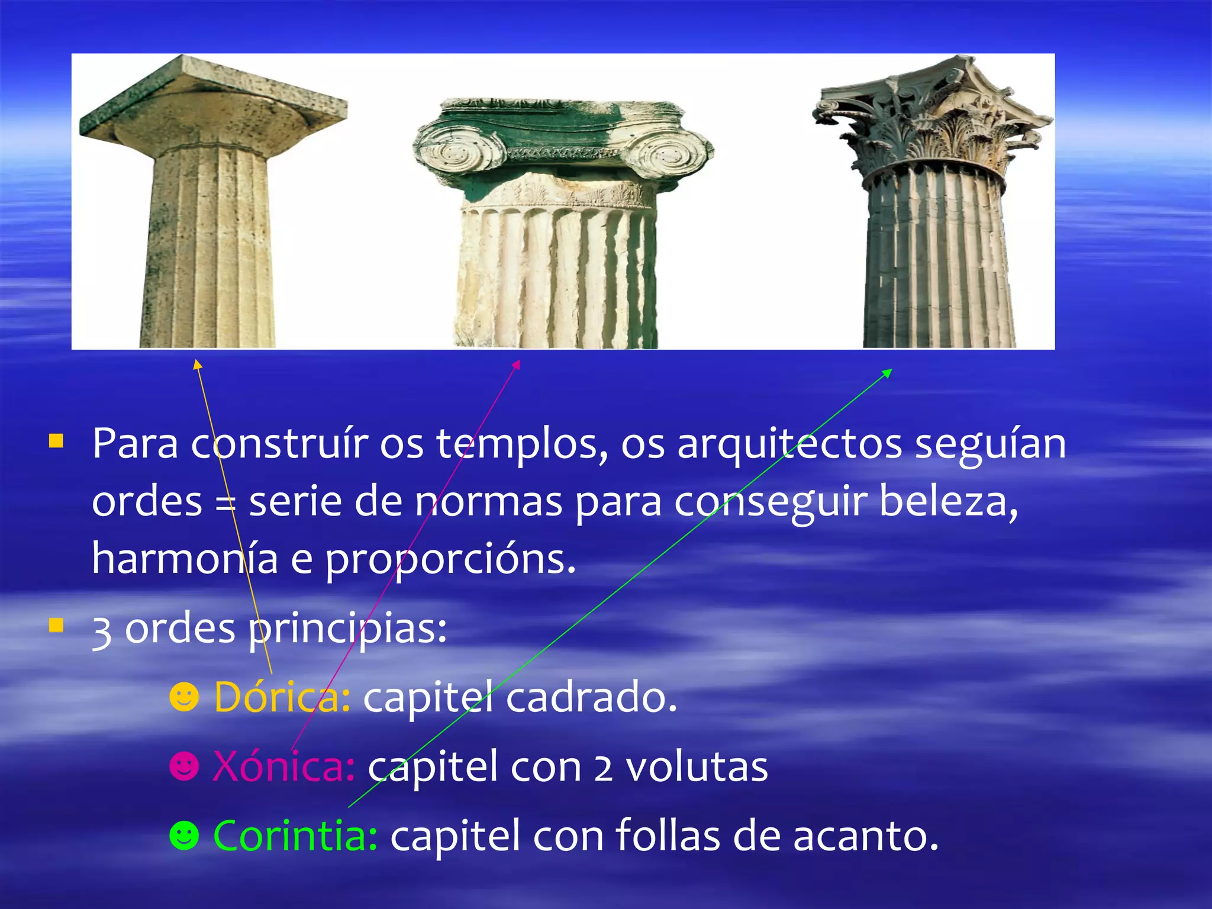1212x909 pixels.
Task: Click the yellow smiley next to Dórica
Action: pos(183,698)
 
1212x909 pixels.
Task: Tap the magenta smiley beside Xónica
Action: pos(183,767)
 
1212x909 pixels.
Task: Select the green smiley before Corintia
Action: pos(183,836)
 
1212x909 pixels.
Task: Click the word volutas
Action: pos(697,767)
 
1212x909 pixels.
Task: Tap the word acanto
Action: pos(865,836)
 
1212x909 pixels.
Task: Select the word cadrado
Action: pos(591,697)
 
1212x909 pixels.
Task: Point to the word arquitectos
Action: pos(789,444)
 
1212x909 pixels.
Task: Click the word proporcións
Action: pos(450,559)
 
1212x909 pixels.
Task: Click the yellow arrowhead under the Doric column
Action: pos(198,364)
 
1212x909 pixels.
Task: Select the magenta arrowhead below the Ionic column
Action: pos(517,364)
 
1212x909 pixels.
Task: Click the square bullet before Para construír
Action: pos(56,441)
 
